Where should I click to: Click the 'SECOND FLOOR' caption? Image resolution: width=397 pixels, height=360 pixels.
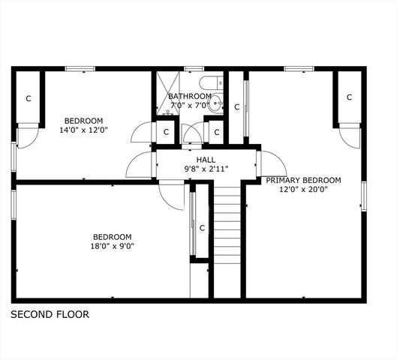coord(50,315)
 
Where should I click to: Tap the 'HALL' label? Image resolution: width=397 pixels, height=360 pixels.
coord(206,160)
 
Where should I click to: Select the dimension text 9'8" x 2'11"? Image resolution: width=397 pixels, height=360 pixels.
coord(206,169)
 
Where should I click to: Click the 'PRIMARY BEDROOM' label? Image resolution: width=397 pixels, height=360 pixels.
coord(303,180)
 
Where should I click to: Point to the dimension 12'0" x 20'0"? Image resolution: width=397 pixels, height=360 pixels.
coord(303,189)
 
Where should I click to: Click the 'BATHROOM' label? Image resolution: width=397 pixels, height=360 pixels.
coord(189,96)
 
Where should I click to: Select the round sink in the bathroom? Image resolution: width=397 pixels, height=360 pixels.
coord(215,104)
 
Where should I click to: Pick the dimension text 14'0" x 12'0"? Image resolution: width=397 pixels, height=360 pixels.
coord(83,130)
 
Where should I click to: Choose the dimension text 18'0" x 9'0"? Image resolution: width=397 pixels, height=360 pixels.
coord(112,245)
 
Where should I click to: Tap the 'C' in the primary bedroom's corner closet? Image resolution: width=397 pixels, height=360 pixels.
coord(349,97)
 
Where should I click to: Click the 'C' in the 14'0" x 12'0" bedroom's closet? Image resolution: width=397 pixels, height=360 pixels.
coord(29,97)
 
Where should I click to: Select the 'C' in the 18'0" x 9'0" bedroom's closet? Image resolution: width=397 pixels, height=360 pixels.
coord(202,227)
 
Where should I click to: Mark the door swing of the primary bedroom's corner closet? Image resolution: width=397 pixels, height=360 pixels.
coord(349,136)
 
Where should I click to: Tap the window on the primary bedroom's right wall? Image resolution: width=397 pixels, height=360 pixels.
coord(363,194)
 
